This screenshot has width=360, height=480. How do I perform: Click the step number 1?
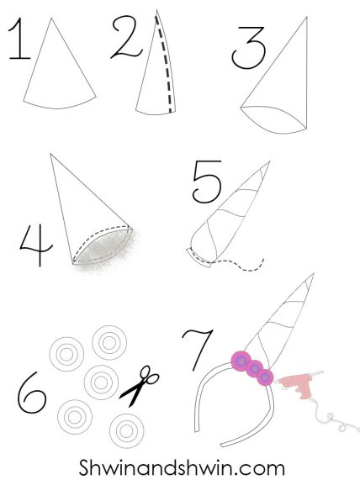click(x=19, y=40)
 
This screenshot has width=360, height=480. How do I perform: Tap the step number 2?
click(x=126, y=37)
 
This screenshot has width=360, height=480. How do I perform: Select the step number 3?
click(x=249, y=47)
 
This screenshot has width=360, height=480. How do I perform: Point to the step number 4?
click(x=36, y=245)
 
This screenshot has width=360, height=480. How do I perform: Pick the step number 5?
click(x=208, y=182)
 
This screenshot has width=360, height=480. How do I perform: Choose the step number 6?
click(x=31, y=393)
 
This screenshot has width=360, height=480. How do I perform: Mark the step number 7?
click(x=199, y=350)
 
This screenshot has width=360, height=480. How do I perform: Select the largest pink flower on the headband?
click(x=241, y=361)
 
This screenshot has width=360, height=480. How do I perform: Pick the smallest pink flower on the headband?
click(x=265, y=377)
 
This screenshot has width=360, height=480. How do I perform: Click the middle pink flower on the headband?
click(x=254, y=369)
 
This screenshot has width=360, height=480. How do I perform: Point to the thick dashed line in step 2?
click(x=164, y=64)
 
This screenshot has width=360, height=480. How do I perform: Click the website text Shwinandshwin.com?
click(x=182, y=467)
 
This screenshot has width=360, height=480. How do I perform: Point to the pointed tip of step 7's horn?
click(x=314, y=273)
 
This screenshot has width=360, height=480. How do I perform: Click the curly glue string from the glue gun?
click(x=336, y=416)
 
